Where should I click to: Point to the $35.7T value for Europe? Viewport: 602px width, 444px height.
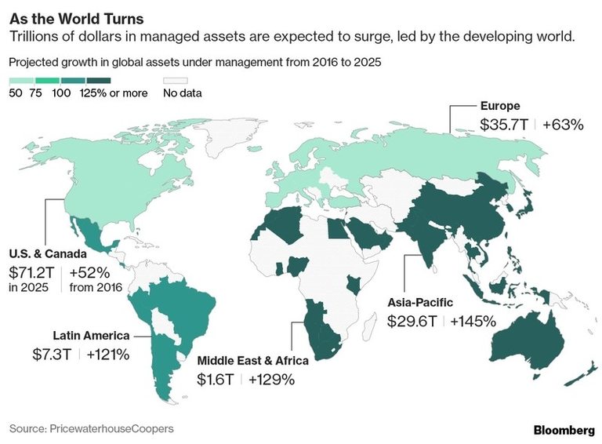[x=503, y=124]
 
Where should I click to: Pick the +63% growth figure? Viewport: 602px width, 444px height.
[x=562, y=124]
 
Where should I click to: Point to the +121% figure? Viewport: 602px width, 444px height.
[x=108, y=354]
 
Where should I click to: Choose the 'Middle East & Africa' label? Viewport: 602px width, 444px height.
[x=252, y=361]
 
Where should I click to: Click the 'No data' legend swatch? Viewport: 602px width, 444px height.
[x=176, y=80]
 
